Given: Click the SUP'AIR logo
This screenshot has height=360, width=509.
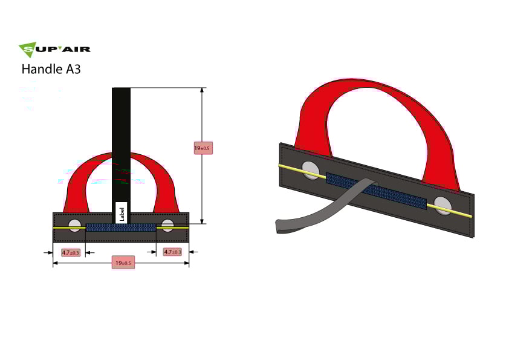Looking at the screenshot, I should [54, 50].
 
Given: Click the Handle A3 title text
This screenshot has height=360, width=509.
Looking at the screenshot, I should [51, 69].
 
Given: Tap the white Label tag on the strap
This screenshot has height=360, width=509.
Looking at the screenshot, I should [121, 212].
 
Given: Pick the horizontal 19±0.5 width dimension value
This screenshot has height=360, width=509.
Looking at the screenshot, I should [122, 263].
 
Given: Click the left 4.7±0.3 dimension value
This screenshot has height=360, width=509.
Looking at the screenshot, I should [71, 252].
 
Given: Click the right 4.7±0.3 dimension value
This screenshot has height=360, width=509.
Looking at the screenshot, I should [172, 252].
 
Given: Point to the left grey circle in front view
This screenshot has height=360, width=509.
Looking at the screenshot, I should [74, 226].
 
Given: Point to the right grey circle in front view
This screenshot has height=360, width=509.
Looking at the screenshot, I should [167, 226].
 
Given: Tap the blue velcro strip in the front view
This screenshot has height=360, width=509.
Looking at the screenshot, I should [121, 227].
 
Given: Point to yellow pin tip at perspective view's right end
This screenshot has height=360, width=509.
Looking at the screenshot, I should [469, 215].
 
